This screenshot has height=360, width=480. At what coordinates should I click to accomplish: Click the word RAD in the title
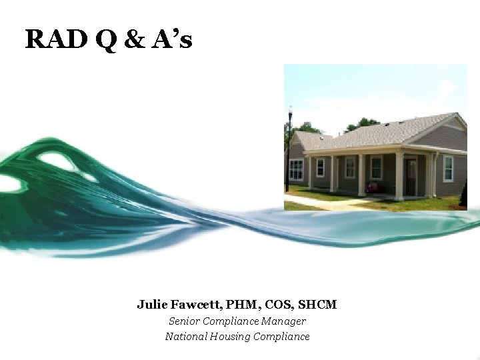tap(55, 40)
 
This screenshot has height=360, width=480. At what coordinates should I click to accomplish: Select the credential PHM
tap(241, 305)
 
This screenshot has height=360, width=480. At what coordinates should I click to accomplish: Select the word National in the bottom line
tap(186, 336)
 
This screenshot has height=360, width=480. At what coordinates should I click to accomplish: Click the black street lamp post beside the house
tap(289, 150)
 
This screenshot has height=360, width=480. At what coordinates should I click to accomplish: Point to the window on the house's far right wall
tap(449, 169)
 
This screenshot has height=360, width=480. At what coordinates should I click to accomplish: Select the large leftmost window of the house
tap(296, 170)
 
